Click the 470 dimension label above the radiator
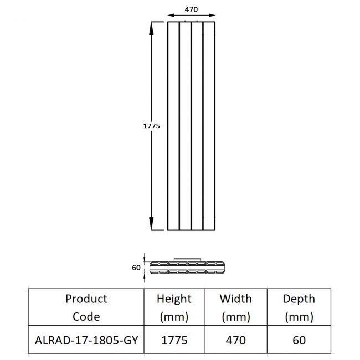191,9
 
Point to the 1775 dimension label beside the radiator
151,126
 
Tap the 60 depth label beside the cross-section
136,268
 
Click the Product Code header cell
86,307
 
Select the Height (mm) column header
174,307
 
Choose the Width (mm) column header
236,307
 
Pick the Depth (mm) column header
299,307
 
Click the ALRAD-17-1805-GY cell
86,340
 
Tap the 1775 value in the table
174,340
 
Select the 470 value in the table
236,340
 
